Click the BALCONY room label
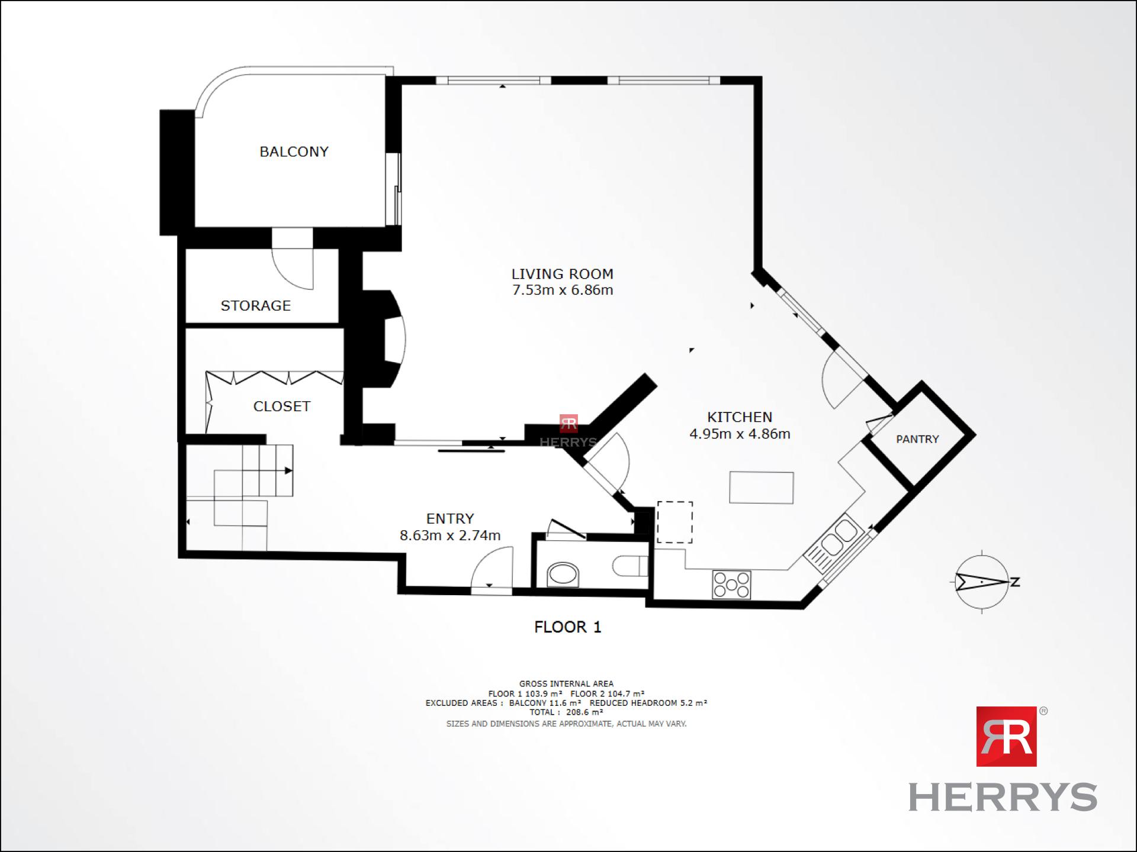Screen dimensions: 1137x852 294,151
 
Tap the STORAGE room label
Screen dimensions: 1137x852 256,305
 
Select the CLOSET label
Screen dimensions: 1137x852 282,406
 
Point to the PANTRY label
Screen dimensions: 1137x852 917,439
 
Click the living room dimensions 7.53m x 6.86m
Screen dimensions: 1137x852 563,290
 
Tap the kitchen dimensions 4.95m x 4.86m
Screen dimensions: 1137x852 740,434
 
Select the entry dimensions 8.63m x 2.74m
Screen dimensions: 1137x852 450,535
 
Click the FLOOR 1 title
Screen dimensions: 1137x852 568,627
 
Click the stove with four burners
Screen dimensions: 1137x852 731,585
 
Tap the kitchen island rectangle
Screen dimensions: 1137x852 762,488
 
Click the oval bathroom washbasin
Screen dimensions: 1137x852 563,574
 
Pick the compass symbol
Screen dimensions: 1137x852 982,582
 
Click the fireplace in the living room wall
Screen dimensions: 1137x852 385,339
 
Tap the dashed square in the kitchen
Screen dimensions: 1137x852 675,522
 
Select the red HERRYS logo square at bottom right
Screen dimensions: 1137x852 1006,736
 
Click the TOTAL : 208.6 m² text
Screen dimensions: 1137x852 566,712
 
